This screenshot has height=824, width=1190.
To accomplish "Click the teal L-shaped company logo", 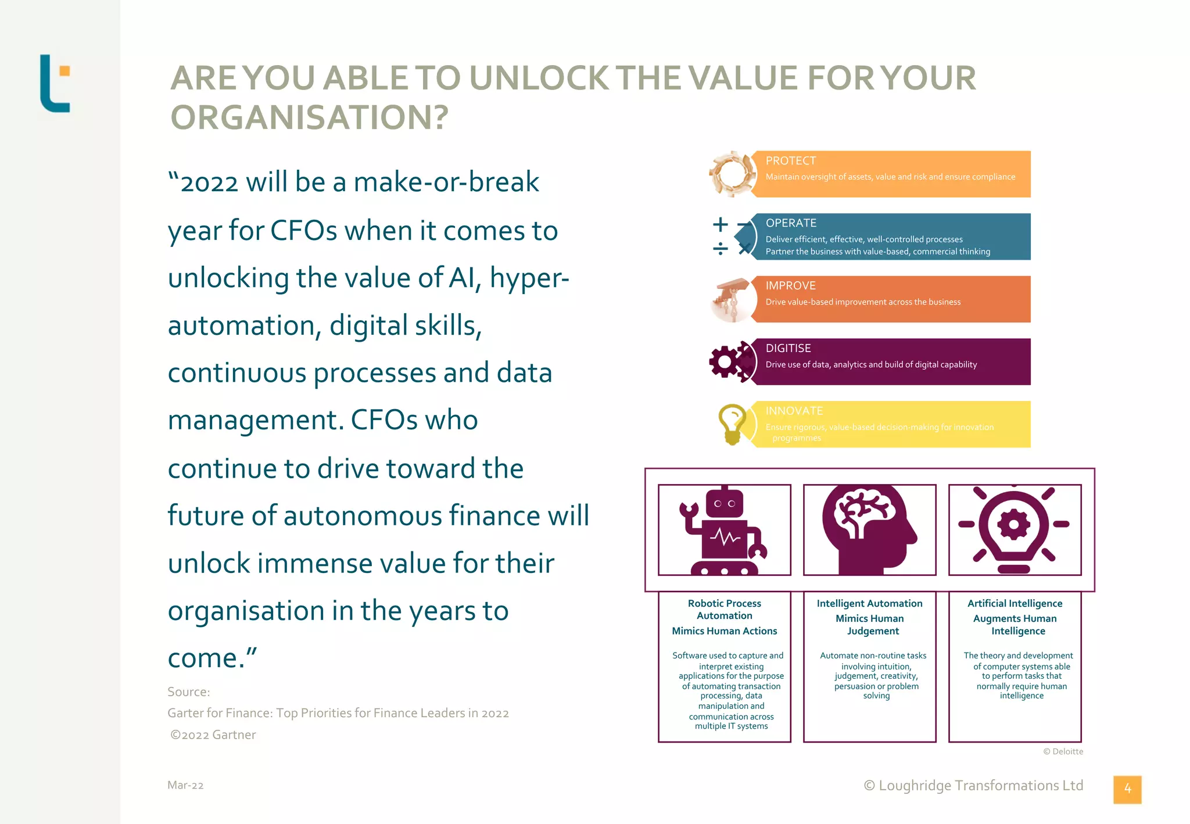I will click(x=54, y=84).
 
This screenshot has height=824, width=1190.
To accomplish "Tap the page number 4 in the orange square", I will click(x=1127, y=789).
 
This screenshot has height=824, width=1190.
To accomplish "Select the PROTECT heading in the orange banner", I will click(x=790, y=161).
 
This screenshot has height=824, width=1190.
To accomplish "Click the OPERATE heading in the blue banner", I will click(x=791, y=223).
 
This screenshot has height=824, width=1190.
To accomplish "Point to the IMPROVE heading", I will click(x=790, y=286).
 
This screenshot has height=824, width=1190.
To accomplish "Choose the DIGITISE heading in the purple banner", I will click(x=788, y=348).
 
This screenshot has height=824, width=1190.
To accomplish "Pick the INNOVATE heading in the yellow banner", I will click(x=794, y=411).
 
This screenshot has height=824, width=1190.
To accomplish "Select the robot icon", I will click(x=724, y=530).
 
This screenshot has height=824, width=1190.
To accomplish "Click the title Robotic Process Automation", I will click(x=725, y=610).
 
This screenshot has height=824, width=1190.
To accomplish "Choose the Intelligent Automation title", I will click(x=869, y=604).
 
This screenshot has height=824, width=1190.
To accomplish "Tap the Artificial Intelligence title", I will click(x=1015, y=604).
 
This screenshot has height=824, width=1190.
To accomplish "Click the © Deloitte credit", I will click(x=1063, y=751).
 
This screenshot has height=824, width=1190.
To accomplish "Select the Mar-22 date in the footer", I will click(x=185, y=785).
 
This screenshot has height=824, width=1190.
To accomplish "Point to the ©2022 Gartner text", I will click(x=213, y=735).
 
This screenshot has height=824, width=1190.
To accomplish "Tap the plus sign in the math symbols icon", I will click(x=721, y=224).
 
